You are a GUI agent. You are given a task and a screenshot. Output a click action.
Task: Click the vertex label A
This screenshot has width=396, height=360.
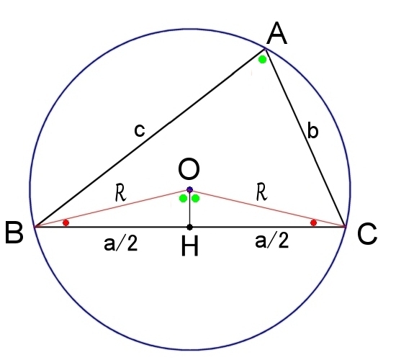point(276,34)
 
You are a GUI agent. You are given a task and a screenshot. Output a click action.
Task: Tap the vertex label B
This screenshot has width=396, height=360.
point(14,233)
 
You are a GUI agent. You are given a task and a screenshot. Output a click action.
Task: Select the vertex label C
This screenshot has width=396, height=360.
point(367,233)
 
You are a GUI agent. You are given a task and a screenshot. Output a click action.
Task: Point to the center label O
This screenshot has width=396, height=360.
point(189,168)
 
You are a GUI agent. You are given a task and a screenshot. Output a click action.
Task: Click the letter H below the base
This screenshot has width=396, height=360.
point(190,246)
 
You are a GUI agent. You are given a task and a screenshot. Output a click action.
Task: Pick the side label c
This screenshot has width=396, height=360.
point(140,130)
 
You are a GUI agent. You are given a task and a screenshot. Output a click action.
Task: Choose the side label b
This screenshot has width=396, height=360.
point(313,130)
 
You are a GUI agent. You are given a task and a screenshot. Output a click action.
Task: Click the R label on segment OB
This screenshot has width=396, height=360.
point(120,193)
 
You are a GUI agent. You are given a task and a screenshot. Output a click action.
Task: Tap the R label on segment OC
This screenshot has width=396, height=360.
point(261,192)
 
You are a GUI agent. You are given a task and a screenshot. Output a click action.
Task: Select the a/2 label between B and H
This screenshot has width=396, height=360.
point(121,243)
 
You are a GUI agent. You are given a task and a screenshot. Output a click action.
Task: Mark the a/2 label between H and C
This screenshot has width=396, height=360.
point(271,240)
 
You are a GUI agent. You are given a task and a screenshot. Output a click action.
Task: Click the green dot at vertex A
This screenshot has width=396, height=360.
point(262,60)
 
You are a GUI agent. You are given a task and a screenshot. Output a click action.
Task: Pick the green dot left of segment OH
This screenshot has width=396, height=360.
point(183,199)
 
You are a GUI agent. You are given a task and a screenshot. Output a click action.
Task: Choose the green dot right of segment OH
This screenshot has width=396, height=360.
point(196,199)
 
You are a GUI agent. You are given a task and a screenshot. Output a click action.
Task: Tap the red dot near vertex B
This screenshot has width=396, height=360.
point(66,222)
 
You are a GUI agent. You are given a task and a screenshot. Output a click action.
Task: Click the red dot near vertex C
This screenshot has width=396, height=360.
point(313,222)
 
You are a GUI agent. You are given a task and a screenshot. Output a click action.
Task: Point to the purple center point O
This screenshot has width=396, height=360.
point(189,190)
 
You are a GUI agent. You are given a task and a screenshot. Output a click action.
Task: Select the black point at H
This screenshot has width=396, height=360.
point(189,227)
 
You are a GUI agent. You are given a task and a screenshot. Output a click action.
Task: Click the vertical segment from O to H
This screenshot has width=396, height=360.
point(189,208)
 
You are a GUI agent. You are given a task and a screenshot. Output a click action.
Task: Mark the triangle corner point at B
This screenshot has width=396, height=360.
point(35,227)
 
